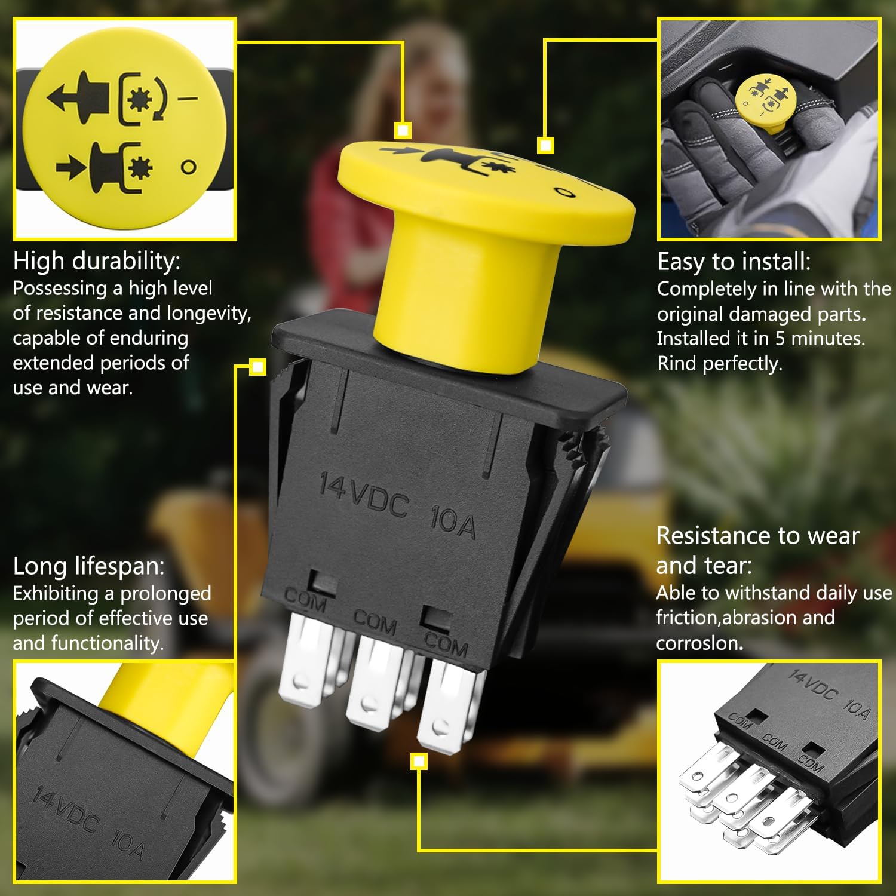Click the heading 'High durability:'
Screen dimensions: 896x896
click(x=96, y=261)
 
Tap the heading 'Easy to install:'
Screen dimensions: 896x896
click(x=734, y=262)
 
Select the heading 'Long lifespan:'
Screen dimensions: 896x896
click(x=88, y=566)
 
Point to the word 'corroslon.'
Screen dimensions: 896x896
click(x=699, y=643)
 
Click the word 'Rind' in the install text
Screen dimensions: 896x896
click(x=677, y=363)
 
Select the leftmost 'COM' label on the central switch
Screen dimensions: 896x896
click(x=305, y=600)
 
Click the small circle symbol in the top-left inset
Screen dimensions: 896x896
click(x=189, y=167)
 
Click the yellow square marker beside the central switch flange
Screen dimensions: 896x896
click(x=257, y=367)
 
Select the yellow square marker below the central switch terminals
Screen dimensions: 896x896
click(x=419, y=761)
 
